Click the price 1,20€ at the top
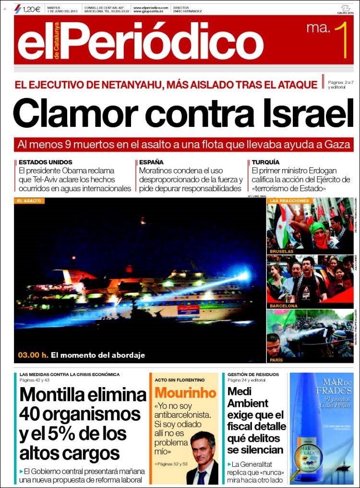tap(31, 9)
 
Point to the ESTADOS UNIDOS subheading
tap(46, 162)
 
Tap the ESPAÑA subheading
tap(151, 162)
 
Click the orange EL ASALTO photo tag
tap(29, 201)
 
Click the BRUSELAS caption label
tap(281, 251)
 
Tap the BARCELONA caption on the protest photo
tap(284, 305)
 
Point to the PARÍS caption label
tap(276, 360)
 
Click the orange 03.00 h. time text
tap(33, 356)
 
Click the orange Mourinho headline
tap(185, 393)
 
